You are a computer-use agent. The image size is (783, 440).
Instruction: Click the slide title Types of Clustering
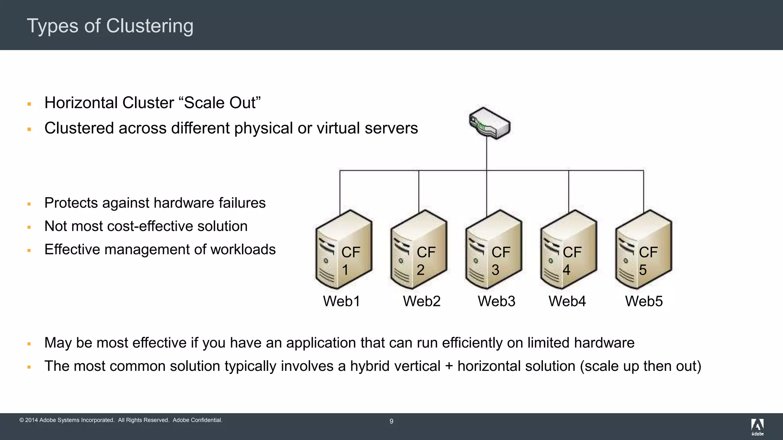coord(110,26)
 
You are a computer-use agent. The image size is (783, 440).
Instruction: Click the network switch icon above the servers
coord(490,123)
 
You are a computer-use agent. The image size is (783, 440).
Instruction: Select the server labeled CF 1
coord(343,250)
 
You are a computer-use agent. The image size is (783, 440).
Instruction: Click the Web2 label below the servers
coord(422,301)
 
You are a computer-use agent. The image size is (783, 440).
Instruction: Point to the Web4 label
coord(567,301)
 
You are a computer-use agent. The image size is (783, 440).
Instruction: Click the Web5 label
coord(644,301)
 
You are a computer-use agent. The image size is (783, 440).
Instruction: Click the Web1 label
coord(341,301)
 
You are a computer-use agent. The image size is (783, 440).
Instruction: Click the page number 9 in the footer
coord(391,421)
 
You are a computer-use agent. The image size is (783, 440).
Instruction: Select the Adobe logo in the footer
coord(757,427)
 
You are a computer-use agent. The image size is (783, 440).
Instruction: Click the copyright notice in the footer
coord(121,420)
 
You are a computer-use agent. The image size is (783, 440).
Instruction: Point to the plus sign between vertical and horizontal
coord(449,367)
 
